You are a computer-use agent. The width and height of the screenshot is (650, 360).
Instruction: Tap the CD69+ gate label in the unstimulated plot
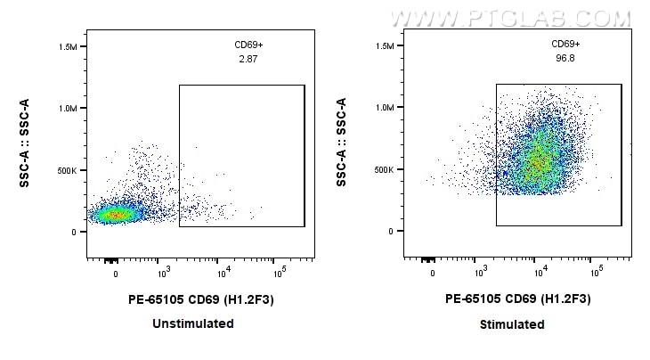pyautogui.click(x=248, y=44)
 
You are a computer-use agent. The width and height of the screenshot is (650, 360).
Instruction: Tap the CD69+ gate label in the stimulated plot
pyautogui.click(x=565, y=44)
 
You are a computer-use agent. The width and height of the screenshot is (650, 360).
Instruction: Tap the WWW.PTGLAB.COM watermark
pyautogui.click(x=510, y=18)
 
